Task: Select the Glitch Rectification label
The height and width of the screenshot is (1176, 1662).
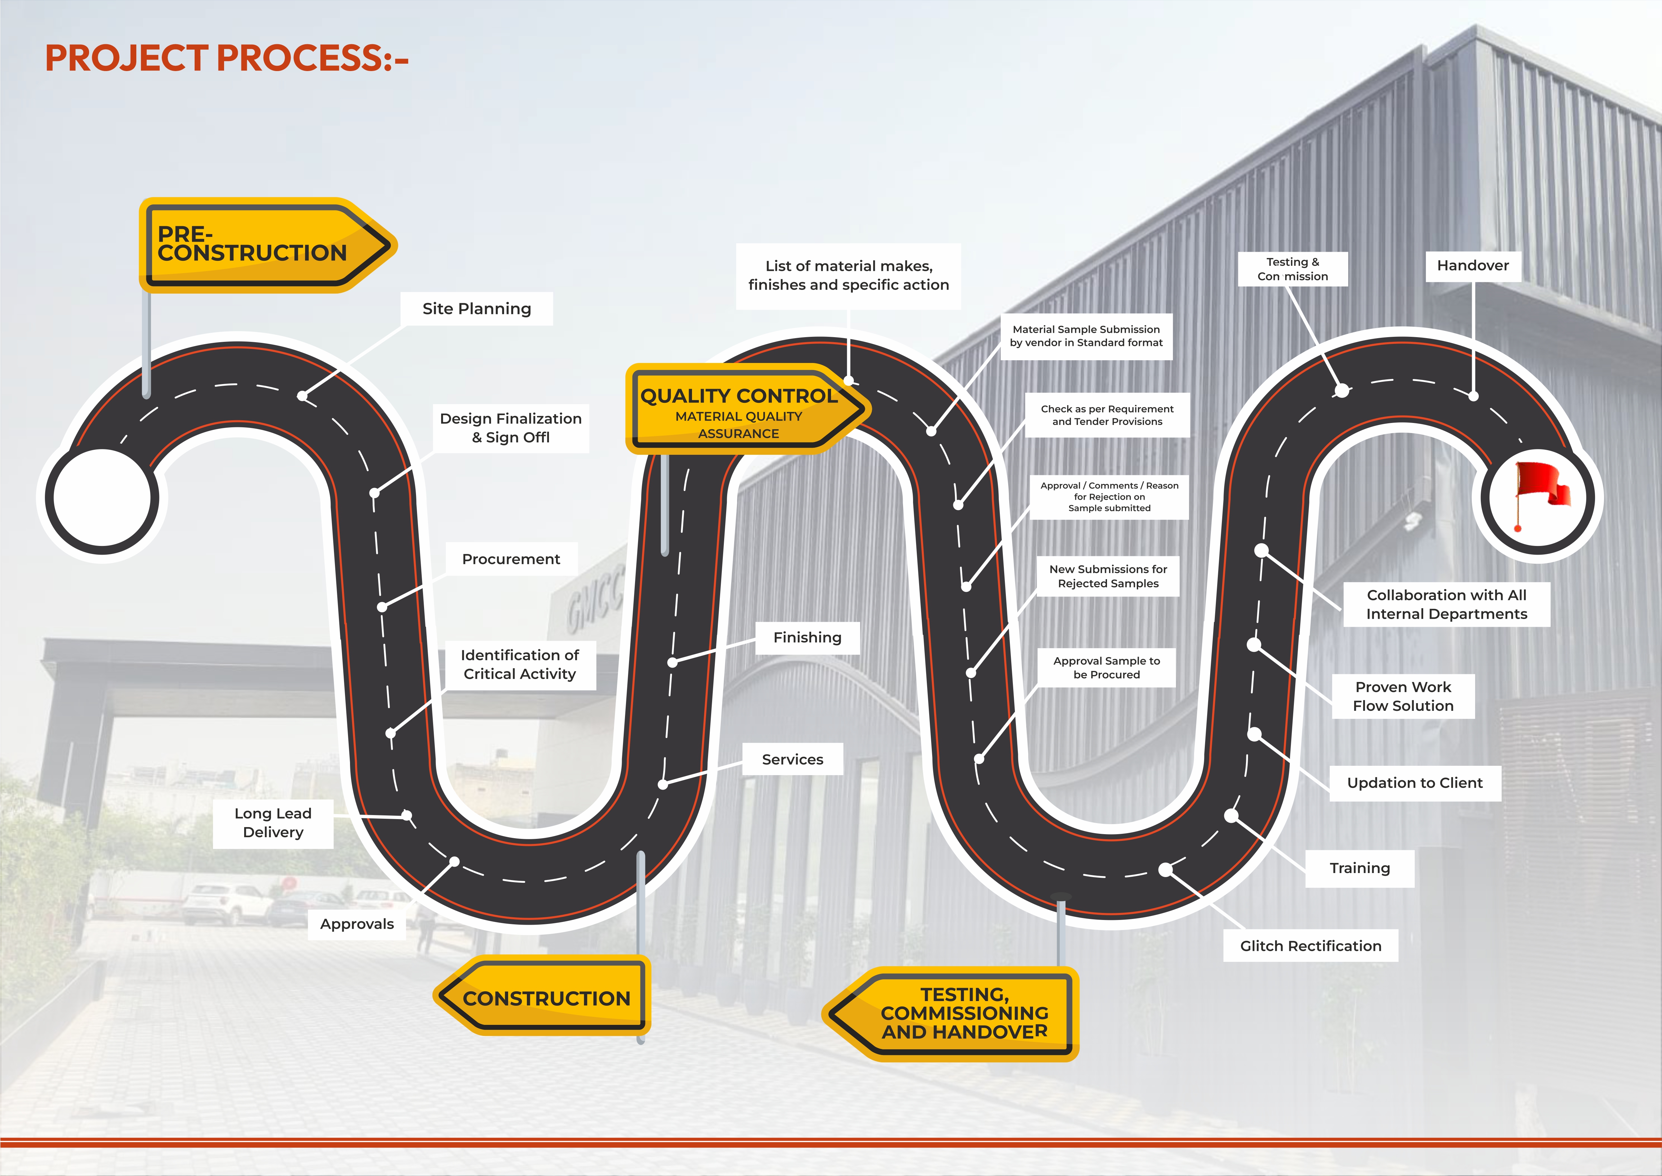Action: [x=1310, y=946]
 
